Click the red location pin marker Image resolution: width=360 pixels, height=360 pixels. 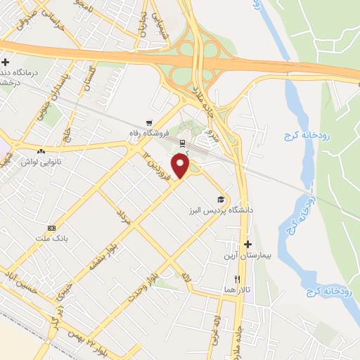click(x=182, y=166)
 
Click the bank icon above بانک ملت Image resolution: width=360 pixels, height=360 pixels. click(x=51, y=228)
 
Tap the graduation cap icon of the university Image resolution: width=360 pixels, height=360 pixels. click(x=221, y=199)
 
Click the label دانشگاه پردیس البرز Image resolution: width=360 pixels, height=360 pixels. click(x=220, y=210)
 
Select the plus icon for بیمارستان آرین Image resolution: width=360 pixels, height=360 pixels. click(x=247, y=244)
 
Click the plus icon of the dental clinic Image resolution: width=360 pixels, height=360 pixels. click(x=6, y=62)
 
